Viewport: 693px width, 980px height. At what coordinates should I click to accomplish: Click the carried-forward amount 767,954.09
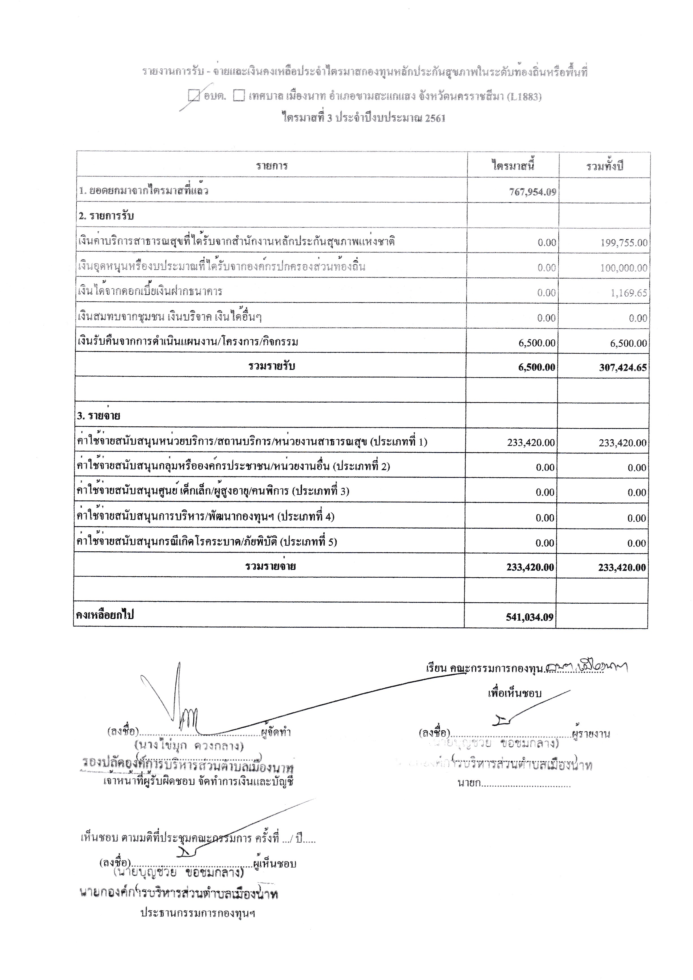pyautogui.click(x=532, y=192)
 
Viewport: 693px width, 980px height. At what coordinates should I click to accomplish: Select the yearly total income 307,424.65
pyautogui.click(x=623, y=368)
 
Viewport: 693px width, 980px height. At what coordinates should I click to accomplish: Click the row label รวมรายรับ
pyautogui.click(x=272, y=366)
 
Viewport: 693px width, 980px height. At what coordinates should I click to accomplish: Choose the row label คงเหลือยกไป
pyautogui.click(x=105, y=615)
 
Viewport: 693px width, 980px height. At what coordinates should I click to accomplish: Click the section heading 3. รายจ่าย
pyautogui.click(x=99, y=416)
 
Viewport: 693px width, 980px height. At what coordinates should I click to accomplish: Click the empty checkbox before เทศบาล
pyautogui.click(x=239, y=96)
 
